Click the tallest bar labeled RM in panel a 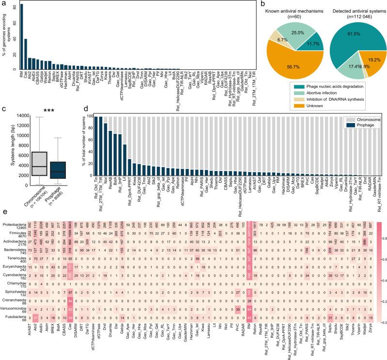(21, 36)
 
